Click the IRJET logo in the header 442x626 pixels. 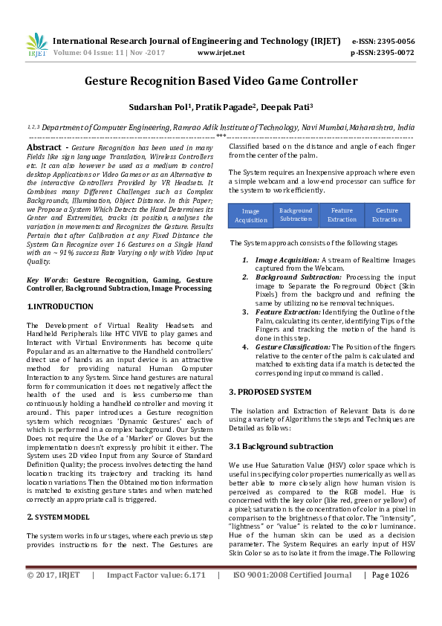[36, 45]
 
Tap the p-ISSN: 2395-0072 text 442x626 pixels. [383, 53]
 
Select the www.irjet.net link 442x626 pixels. [221, 53]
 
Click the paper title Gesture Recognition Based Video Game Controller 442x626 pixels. [221, 80]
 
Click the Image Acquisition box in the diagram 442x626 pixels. [250, 216]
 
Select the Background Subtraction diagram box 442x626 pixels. [296, 215]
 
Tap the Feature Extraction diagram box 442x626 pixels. [342, 215]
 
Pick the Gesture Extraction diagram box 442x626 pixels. [387, 215]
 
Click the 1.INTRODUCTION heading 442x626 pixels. [60, 306]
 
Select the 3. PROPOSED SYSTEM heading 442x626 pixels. [270, 391]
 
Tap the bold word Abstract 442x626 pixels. [42, 149]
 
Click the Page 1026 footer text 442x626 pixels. [391, 596]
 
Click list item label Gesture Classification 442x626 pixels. [293, 346]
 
